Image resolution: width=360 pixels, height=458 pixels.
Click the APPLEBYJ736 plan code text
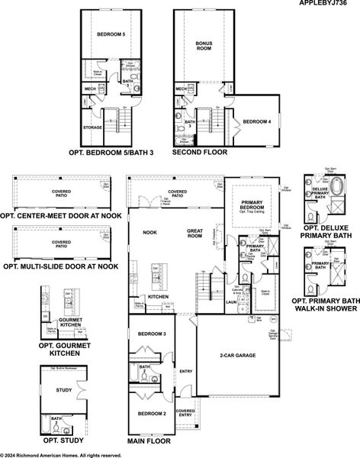(329, 4)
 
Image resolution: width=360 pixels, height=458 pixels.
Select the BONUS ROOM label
(204, 46)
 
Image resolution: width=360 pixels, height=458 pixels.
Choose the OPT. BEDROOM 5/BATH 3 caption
(111, 152)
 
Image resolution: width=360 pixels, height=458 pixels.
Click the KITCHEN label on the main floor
(158, 296)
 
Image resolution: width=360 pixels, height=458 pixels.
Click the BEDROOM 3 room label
(152, 334)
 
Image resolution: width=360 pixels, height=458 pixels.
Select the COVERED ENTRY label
(185, 412)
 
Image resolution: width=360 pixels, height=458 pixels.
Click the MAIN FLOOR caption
(149, 441)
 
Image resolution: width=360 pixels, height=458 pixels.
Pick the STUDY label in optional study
(64, 390)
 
